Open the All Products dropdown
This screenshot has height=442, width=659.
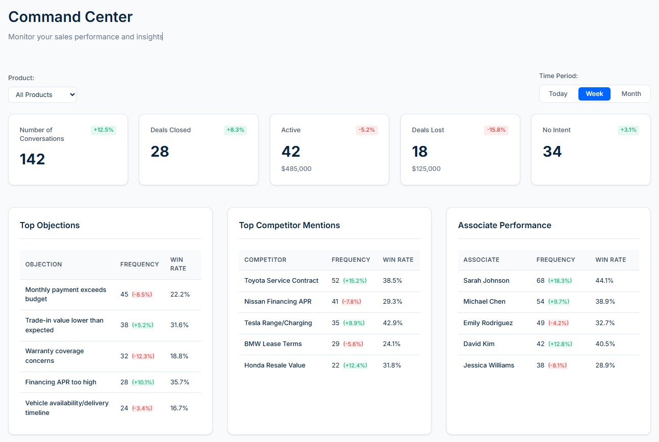(42, 94)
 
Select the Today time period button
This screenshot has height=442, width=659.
(558, 94)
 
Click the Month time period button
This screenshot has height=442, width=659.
(631, 94)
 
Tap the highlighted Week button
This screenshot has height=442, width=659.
(594, 94)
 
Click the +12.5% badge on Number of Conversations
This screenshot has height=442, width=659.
(104, 130)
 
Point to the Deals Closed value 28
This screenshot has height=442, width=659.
(160, 152)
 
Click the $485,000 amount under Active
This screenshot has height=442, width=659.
(296, 169)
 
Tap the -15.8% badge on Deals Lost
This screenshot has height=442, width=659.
(496, 130)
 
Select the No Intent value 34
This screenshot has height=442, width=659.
(552, 152)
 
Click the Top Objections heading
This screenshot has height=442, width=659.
(50, 226)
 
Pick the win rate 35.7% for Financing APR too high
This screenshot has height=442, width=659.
(180, 382)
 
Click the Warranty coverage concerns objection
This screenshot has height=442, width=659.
(55, 356)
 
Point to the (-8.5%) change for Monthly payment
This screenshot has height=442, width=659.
(142, 294)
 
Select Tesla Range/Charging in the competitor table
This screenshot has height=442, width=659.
(278, 323)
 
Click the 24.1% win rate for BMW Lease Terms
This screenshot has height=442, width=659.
(392, 344)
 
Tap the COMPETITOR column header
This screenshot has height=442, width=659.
(265, 260)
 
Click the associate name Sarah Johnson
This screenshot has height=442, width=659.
(486, 281)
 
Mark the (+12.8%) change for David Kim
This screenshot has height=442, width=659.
(560, 344)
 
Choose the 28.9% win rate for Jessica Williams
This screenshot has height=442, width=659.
(605, 365)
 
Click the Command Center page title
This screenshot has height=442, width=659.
(70, 17)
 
